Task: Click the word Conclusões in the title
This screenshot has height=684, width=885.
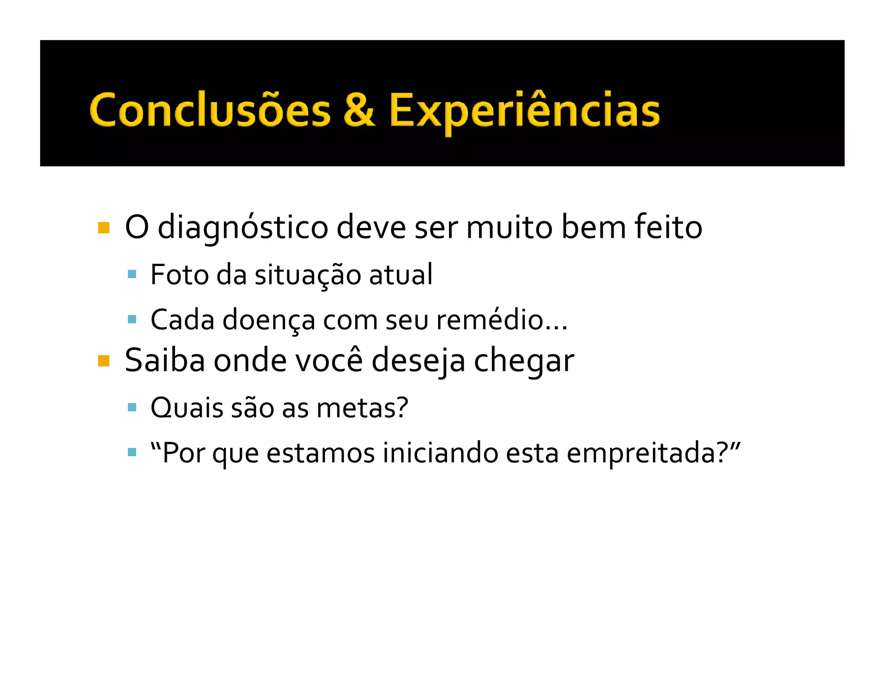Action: coord(210,111)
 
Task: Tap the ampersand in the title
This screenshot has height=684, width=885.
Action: coord(359,110)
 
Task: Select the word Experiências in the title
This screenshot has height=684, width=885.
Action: coord(524,111)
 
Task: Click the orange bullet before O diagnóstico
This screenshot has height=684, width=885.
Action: coord(104,228)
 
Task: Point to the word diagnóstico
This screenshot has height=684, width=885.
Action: coord(243,228)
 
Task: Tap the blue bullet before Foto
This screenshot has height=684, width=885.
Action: coord(132,274)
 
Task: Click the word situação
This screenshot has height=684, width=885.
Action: coord(307,275)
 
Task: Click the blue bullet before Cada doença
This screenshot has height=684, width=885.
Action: coord(132,320)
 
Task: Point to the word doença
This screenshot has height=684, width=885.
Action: coord(269,321)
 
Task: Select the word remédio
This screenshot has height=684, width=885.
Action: coord(490,320)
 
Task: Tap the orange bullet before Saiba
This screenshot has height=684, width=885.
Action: coord(104,361)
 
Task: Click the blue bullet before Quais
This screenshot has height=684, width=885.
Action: coord(132,407)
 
